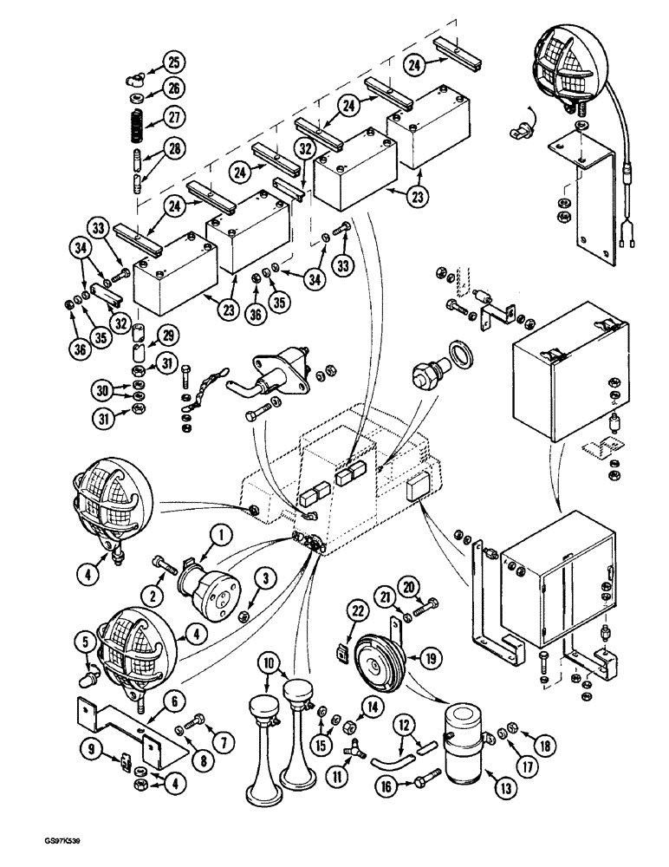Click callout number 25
coord(173,62)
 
